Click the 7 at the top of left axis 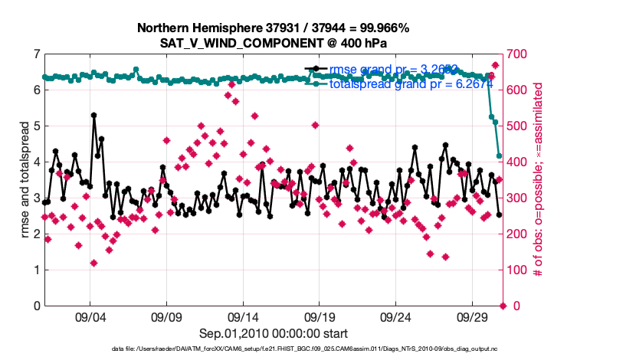36,54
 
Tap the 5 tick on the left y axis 36,126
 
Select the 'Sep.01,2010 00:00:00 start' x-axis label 274,334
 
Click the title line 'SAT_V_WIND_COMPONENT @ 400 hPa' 273,43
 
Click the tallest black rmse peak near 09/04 93,115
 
